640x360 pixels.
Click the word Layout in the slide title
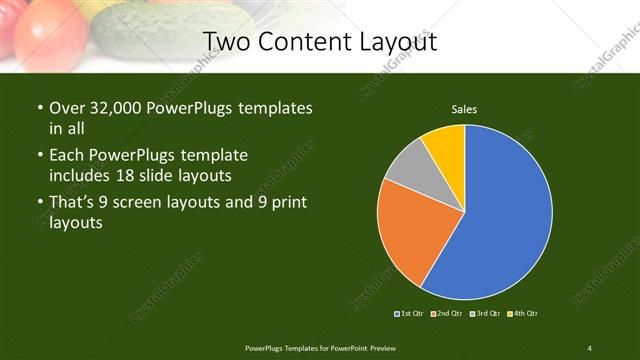pos(391,41)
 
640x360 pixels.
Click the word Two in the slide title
pos(227,41)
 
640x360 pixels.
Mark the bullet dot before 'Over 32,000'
pos(39,108)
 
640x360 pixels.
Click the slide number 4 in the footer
pos(590,347)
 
